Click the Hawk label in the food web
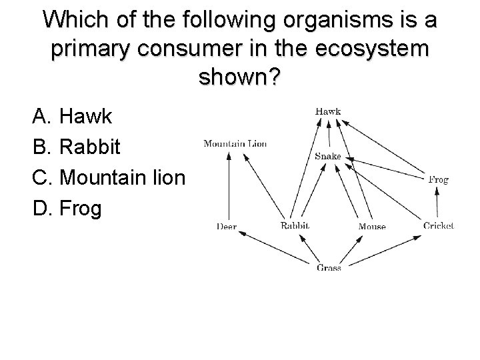[x=328, y=111]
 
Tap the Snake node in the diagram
[x=327, y=156]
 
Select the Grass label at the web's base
[x=329, y=268]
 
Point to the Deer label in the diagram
[x=227, y=227]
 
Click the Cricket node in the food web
[x=438, y=225]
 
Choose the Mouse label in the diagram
[x=372, y=227]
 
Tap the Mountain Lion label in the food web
[x=235, y=143]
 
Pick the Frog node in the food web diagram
[x=438, y=179]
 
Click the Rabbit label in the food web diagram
[x=295, y=226]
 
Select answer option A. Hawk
[x=72, y=118]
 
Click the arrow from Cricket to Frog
[x=438, y=203]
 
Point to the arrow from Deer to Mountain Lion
[x=229, y=186]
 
